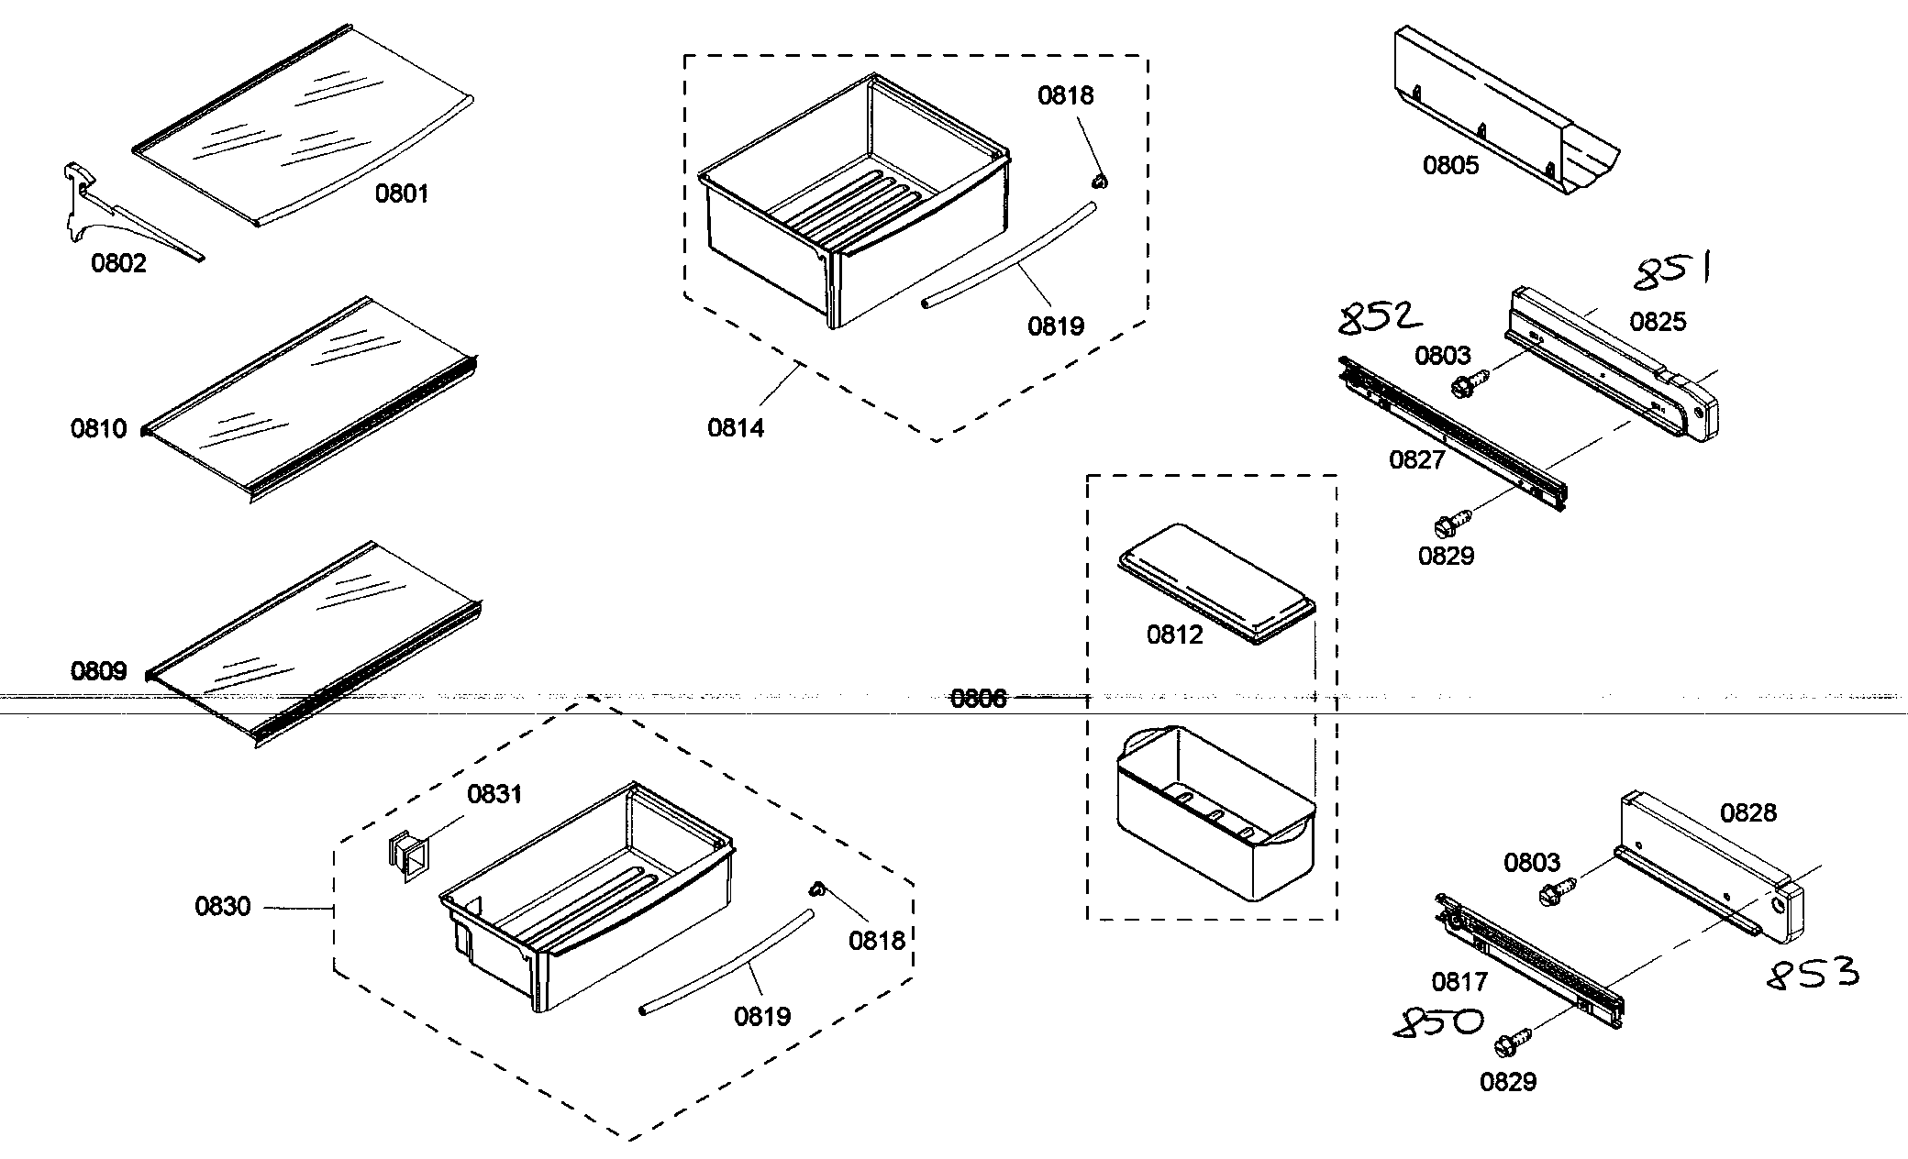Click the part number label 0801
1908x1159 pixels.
pyautogui.click(x=402, y=193)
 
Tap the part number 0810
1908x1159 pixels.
pyautogui.click(x=98, y=428)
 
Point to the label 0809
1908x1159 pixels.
pyautogui.click(x=98, y=671)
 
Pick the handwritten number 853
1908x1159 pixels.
pyautogui.click(x=1813, y=974)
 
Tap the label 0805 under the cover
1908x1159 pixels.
pyautogui.click(x=1451, y=166)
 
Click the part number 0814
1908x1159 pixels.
pyautogui.click(x=736, y=427)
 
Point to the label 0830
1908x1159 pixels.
pyautogui.click(x=222, y=907)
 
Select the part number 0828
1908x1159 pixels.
pyautogui.click(x=1747, y=812)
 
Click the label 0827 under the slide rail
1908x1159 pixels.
pyautogui.click(x=1417, y=459)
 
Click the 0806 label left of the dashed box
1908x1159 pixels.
pyautogui.click(x=978, y=699)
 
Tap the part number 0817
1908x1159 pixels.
pyautogui.click(x=1459, y=982)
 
